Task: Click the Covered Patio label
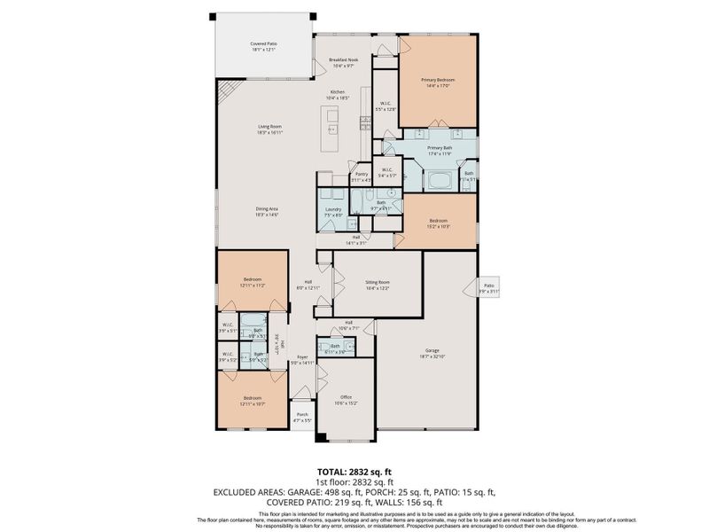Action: click(x=263, y=42)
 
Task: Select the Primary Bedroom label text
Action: click(x=438, y=80)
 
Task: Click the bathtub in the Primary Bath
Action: click(x=440, y=183)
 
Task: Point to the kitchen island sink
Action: click(x=336, y=129)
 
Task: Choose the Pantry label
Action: click(x=362, y=174)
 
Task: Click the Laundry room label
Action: click(x=332, y=209)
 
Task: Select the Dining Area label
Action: click(x=267, y=208)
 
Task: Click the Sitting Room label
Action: click(x=378, y=282)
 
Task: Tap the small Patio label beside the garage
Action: click(x=488, y=286)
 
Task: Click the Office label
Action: click(x=347, y=397)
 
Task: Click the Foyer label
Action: click(x=302, y=357)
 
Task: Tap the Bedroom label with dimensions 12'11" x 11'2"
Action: click(x=252, y=280)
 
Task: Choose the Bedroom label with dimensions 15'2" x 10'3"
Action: click(x=439, y=221)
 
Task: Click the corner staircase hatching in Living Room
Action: click(x=230, y=91)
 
